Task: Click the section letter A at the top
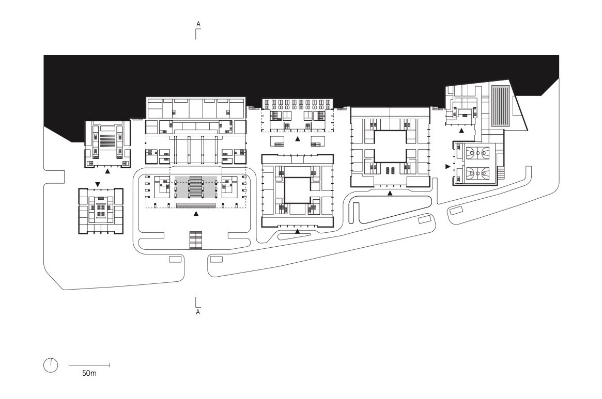click(x=198, y=24)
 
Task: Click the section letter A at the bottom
click(x=198, y=312)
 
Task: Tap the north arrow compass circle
click(x=51, y=365)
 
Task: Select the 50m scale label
click(x=89, y=373)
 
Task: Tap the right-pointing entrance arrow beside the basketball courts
click(x=447, y=167)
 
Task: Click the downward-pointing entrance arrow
click(x=98, y=185)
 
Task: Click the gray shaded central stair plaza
click(x=196, y=187)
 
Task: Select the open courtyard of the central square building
click(x=297, y=190)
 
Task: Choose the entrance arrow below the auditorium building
click(x=107, y=171)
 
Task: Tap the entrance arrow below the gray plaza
click(x=196, y=214)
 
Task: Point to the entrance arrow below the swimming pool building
click(x=461, y=131)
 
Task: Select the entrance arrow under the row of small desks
click(x=298, y=139)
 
